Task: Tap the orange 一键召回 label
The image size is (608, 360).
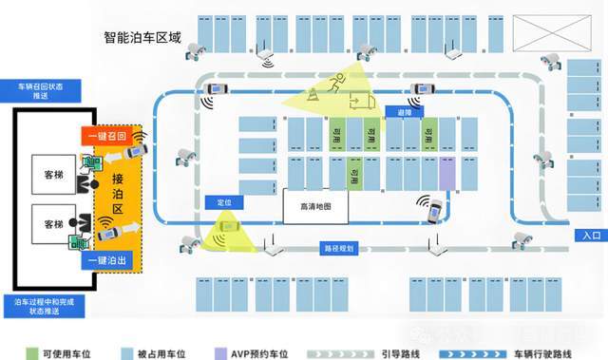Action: point(105,136)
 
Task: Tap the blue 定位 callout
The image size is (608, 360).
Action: point(225,202)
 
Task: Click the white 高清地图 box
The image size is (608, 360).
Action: point(313,205)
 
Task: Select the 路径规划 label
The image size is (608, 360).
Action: point(338,248)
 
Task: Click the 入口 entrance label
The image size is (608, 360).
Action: point(588,236)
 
